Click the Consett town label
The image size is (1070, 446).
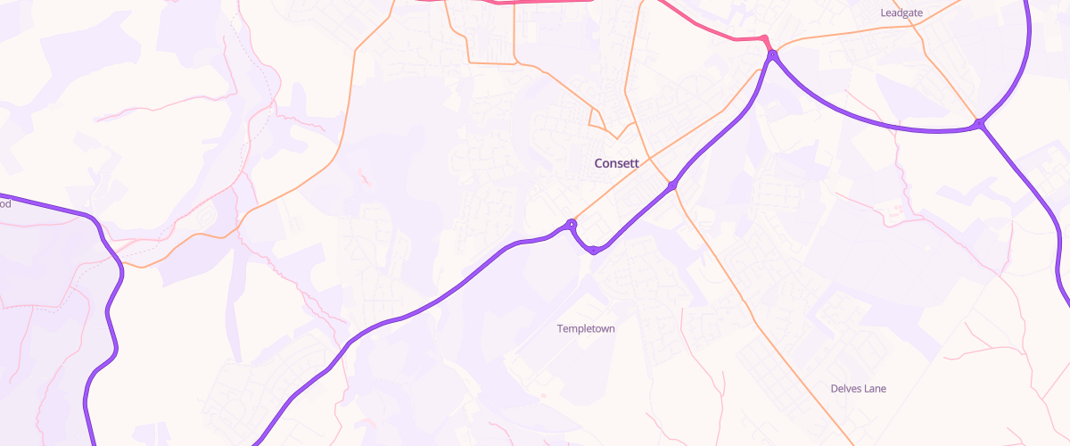pyautogui.click(x=616, y=163)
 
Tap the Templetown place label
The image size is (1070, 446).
pyautogui.click(x=586, y=328)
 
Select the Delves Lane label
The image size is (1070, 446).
pyautogui.click(x=858, y=388)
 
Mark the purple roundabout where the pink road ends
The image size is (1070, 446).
pyautogui.click(x=772, y=55)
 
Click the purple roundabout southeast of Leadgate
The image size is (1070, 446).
pyautogui.click(x=979, y=123)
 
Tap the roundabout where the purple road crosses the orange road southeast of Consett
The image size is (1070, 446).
pyautogui.click(x=672, y=186)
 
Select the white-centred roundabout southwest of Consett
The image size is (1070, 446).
pyautogui.click(x=572, y=225)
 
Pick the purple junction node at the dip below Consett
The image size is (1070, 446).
pyautogui.click(x=594, y=252)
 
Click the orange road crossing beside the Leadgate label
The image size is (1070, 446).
pyautogui.click(x=914, y=26)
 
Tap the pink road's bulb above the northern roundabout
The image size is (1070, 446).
pyautogui.click(x=763, y=38)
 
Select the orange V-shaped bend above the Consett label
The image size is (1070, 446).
pyautogui.click(x=616, y=138)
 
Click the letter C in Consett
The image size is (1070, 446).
pyautogui.click(x=598, y=163)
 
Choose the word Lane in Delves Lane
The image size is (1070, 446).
pyautogui.click(x=874, y=388)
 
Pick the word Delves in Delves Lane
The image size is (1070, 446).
pyautogui.click(x=844, y=388)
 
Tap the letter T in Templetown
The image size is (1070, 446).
pyautogui.click(x=560, y=328)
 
